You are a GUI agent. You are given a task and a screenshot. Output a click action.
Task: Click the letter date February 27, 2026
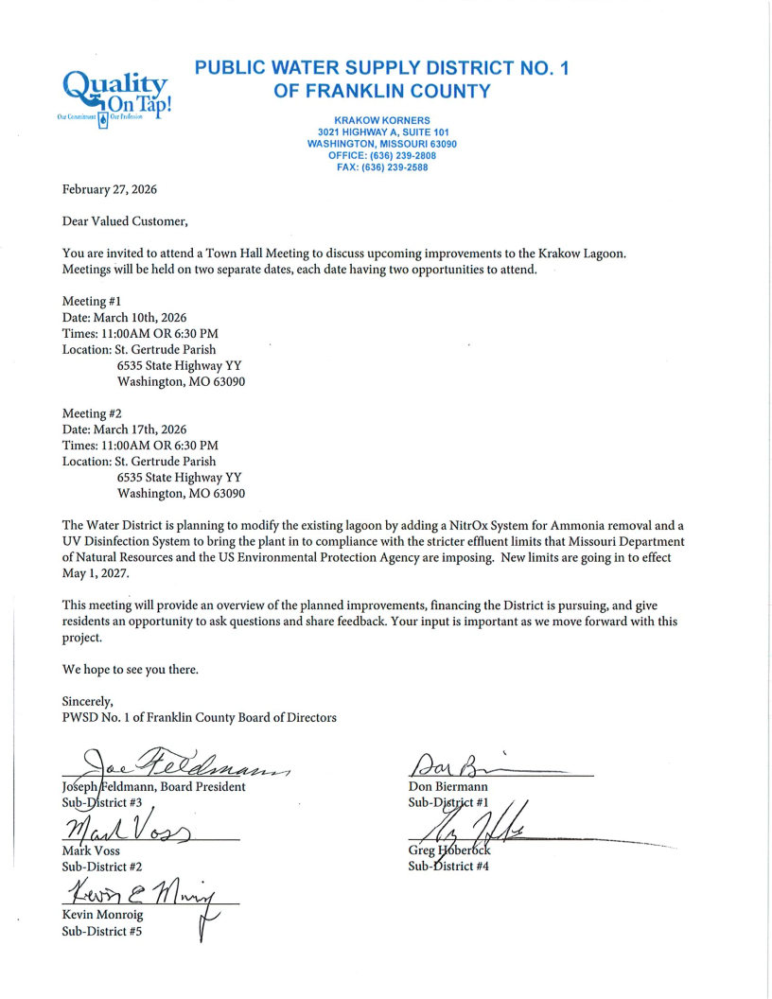(110, 189)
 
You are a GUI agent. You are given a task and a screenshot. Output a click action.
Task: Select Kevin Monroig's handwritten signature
(142, 890)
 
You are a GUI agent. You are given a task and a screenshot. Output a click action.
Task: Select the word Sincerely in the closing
(87, 702)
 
